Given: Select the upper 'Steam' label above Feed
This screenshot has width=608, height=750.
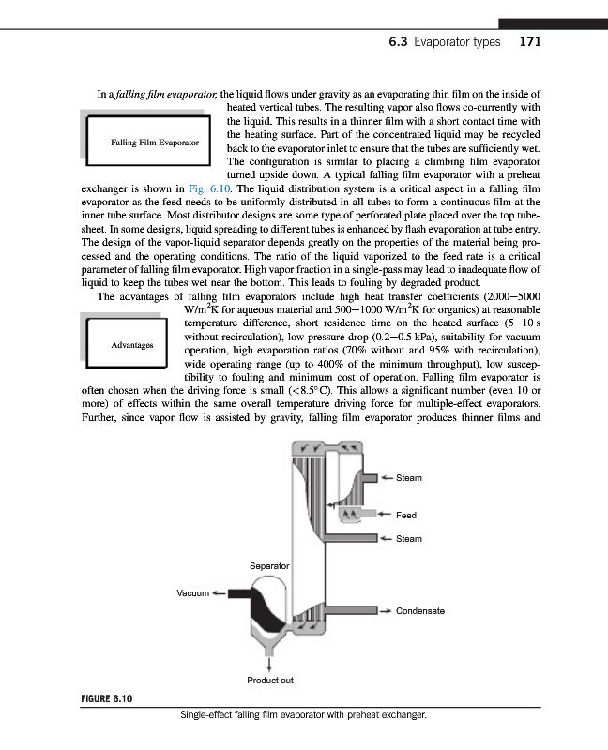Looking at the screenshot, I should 409,478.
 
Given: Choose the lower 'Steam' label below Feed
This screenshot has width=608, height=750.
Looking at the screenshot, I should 409,539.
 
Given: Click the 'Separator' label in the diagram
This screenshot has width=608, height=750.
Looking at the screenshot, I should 268,566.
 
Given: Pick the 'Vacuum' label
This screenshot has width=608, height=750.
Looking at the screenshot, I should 193,593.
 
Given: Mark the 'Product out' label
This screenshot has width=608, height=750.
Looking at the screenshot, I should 270,680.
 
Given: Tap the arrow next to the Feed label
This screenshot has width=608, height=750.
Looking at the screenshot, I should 385,515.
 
